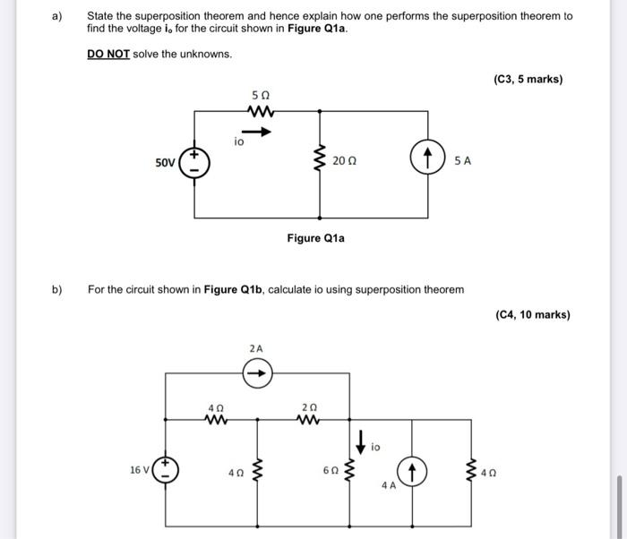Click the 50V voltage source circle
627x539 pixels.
click(195, 164)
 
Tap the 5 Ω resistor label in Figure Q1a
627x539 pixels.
click(261, 95)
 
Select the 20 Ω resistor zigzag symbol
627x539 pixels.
click(317, 161)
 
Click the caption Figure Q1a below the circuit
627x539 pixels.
click(315, 238)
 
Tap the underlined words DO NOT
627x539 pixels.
click(108, 54)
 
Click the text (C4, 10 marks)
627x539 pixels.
click(532, 314)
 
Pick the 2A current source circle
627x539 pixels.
click(256, 370)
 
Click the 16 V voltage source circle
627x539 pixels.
click(166, 470)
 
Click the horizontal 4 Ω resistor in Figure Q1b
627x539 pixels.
click(213, 418)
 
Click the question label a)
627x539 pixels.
click(57, 16)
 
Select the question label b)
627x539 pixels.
click(57, 289)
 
